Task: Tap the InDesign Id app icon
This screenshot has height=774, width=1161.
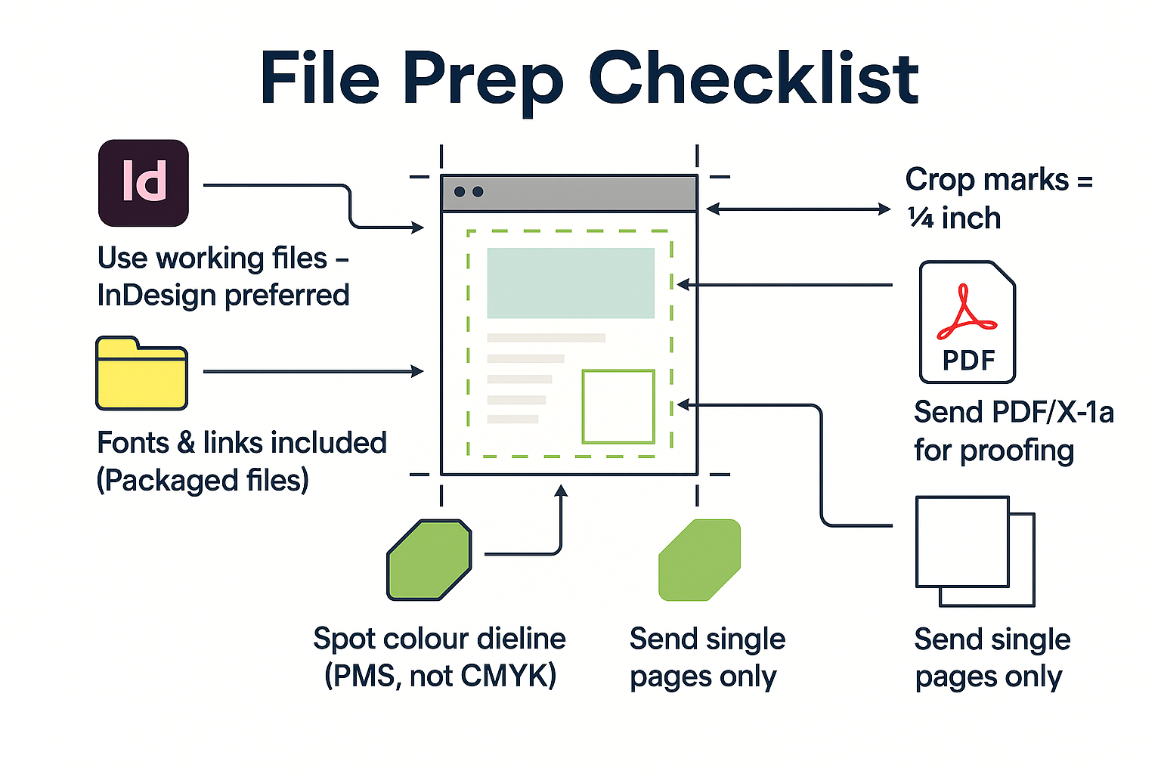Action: coord(144,183)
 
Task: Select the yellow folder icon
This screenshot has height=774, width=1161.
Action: coord(141,373)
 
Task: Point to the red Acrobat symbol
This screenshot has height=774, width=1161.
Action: coord(965,313)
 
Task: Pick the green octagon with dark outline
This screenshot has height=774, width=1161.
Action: coord(429,560)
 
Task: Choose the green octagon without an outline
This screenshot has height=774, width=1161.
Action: coord(699,560)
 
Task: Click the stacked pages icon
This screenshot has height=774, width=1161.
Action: coord(974,551)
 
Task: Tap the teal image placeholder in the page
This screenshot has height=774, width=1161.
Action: coord(571,283)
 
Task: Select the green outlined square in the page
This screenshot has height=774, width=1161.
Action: coord(618,406)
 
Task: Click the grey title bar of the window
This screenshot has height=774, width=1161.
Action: coord(568,193)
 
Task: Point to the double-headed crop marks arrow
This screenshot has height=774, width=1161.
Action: coord(798,209)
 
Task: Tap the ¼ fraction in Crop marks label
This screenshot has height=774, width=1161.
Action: coord(921,218)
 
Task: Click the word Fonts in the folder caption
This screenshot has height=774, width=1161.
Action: coord(133,443)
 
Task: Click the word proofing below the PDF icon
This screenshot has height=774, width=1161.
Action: coord(1017,451)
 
